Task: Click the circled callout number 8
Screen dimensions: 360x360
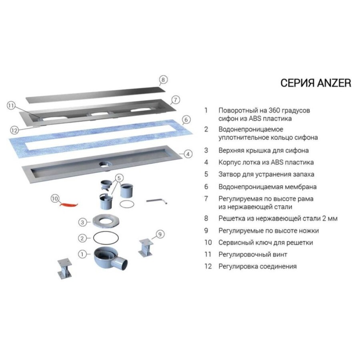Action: tap(163, 80)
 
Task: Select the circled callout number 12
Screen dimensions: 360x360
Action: tap(14, 130)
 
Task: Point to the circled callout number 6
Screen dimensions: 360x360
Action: tap(186, 120)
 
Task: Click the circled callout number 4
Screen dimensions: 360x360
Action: tap(188, 154)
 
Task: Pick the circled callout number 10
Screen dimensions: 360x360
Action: tap(55, 198)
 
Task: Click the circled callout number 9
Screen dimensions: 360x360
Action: tap(160, 234)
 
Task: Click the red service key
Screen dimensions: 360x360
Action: tap(68, 204)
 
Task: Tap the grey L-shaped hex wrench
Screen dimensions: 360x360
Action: tap(157, 201)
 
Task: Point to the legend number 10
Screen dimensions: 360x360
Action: tap(208, 242)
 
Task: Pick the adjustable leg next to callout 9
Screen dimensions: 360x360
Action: tap(146, 248)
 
